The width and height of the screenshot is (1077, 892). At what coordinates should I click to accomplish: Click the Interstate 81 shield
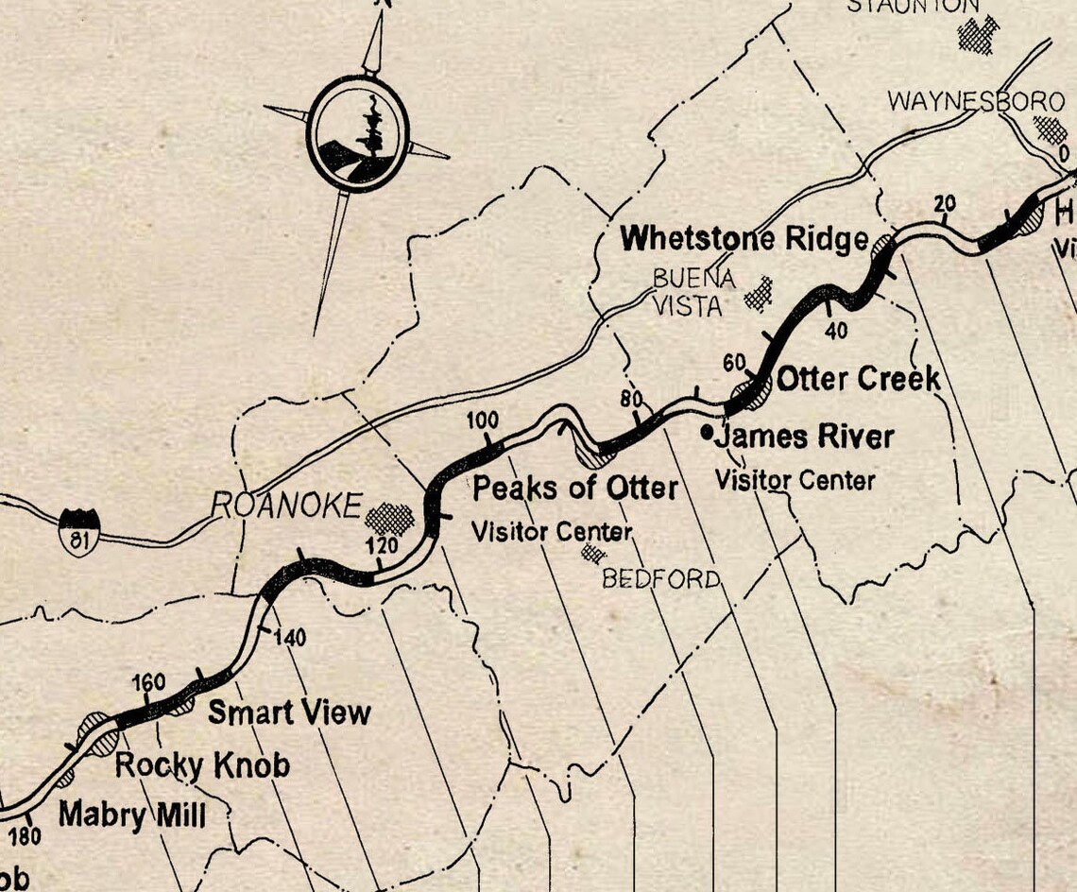[78, 530]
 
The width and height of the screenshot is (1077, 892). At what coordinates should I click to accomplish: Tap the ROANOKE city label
[286, 506]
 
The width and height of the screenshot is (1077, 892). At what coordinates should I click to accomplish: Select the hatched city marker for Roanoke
[390, 518]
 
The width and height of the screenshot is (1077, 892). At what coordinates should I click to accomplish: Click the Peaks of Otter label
[574, 488]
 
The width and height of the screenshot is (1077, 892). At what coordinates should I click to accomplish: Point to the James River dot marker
[708, 432]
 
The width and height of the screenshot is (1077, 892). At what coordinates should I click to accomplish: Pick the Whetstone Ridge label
[744, 239]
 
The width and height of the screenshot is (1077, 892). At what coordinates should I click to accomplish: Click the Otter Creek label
[858, 379]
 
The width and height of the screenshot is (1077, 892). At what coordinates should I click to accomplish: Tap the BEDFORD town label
[660, 578]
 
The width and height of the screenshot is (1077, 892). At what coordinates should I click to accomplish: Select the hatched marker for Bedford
[593, 552]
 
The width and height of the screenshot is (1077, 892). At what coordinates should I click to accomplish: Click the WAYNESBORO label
[963, 101]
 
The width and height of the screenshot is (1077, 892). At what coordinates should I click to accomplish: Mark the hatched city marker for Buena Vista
[758, 294]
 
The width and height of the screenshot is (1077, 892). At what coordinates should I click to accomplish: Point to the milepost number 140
[290, 639]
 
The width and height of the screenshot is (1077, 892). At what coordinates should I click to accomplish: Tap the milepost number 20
[945, 204]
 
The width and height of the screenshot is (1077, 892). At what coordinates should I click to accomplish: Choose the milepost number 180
[26, 836]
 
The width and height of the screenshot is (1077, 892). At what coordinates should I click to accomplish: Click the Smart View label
[289, 712]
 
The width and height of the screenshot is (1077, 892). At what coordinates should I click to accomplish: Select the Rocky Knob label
[202, 764]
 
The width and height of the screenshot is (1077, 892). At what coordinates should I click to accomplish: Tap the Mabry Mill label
[131, 814]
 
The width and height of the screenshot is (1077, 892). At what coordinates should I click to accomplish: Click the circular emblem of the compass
[359, 133]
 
